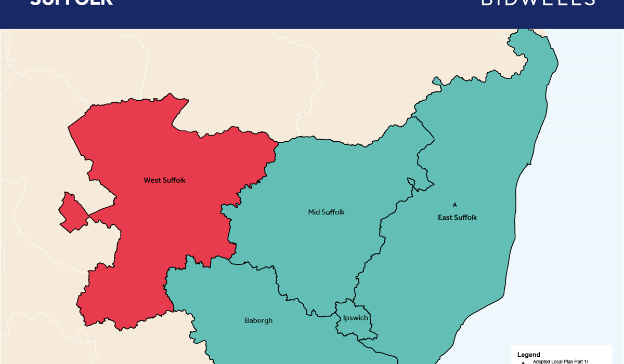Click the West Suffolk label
[x=164, y=180]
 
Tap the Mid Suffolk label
[x=326, y=212]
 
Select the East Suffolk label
[x=457, y=218]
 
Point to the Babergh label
[x=258, y=320]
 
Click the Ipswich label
[x=355, y=318]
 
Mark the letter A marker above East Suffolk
[x=454, y=205]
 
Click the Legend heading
[x=528, y=355]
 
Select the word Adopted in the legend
[x=542, y=361]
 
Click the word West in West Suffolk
[x=152, y=180]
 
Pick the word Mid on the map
[x=314, y=212]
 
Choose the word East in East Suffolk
[x=445, y=218]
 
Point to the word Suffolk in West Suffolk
[x=174, y=180]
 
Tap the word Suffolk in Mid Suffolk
[x=333, y=212]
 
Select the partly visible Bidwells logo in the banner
[x=538, y=3]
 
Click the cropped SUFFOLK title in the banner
[x=71, y=3]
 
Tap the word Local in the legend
[x=557, y=361]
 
